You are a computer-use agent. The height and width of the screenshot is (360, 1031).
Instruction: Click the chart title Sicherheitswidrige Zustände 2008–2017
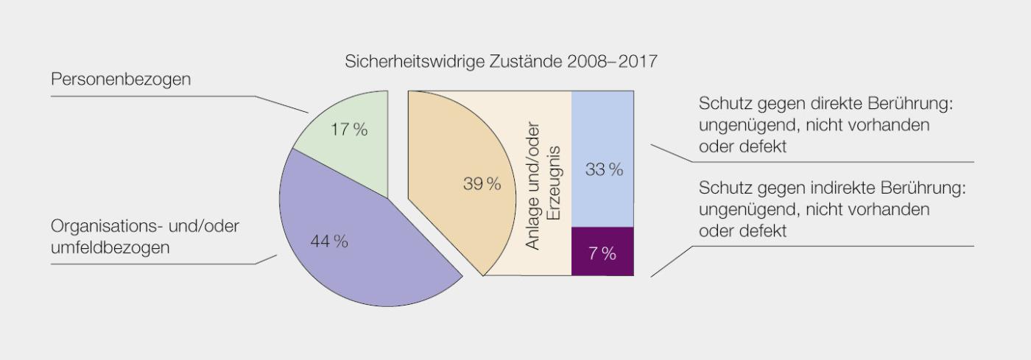[501, 62]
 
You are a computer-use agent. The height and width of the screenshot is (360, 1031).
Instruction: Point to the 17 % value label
[348, 130]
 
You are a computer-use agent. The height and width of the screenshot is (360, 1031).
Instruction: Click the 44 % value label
[329, 241]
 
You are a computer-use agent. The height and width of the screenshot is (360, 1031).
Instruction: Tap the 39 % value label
[482, 184]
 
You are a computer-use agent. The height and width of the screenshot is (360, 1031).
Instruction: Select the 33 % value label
[604, 170]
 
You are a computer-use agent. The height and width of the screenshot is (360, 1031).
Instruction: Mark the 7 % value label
[602, 255]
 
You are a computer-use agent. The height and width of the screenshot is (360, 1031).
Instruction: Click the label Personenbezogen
[120, 80]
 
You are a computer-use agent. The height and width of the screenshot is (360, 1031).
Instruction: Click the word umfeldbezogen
[110, 247]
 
